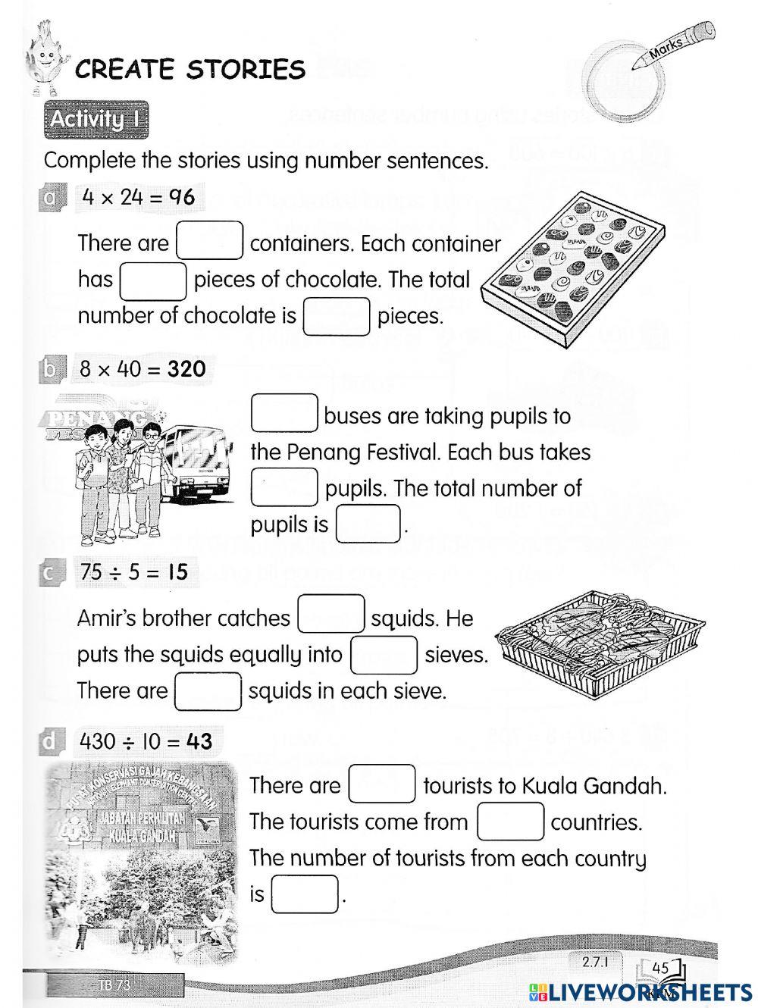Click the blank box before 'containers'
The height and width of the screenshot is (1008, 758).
210,240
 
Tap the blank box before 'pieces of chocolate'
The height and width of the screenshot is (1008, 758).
153,280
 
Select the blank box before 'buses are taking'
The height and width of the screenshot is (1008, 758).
284,413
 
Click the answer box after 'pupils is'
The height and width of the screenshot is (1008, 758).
368,524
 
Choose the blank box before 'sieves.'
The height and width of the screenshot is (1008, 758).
384,655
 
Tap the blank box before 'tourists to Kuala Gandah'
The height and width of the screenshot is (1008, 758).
382,784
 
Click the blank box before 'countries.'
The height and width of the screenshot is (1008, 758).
510,821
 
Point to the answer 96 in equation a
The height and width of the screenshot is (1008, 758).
181,197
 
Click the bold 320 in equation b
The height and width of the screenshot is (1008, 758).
186,369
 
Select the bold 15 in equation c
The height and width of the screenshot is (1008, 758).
177,571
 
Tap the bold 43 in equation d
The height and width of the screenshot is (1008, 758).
199,740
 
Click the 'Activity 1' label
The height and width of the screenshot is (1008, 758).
96,120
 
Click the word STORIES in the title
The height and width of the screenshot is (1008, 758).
246,70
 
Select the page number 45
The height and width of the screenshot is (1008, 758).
660,967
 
